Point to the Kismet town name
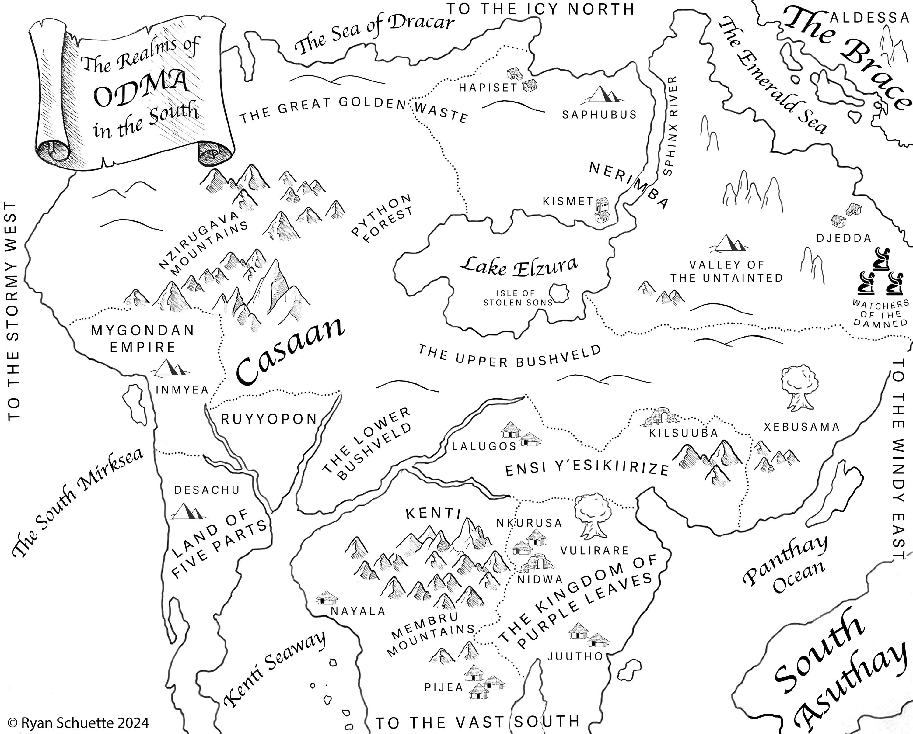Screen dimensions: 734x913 pos(568,201)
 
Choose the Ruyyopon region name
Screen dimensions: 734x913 pos(269,419)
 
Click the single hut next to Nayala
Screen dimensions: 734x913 pos(327,597)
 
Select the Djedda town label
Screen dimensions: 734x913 pos(844,238)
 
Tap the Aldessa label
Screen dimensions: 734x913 pos(868,17)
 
